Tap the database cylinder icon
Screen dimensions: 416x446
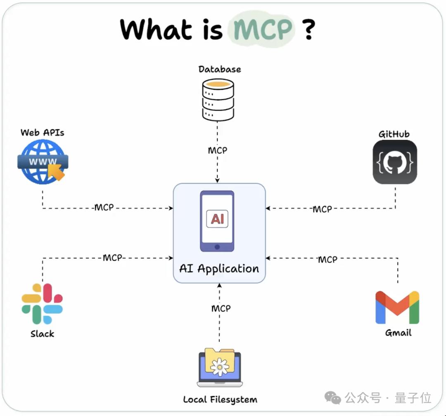click(x=218, y=100)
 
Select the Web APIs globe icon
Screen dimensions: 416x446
click(x=42, y=161)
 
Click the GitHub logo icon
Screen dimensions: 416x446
click(x=395, y=162)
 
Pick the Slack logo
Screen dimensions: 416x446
click(x=42, y=303)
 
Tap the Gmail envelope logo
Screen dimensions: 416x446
click(x=397, y=307)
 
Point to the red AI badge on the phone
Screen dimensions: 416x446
click(x=217, y=219)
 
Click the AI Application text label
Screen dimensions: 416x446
click(x=219, y=269)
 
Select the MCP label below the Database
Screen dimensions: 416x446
click(x=218, y=150)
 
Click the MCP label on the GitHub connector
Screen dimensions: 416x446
click(x=322, y=209)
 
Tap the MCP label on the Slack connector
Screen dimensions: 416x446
click(x=113, y=258)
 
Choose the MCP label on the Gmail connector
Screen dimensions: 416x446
click(x=327, y=260)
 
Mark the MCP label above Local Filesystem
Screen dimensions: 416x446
click(x=221, y=309)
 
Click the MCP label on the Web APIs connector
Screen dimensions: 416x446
click(x=104, y=208)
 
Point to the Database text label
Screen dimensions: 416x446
click(x=220, y=69)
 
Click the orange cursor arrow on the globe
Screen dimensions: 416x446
click(x=57, y=172)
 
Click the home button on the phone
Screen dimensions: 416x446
click(x=217, y=246)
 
